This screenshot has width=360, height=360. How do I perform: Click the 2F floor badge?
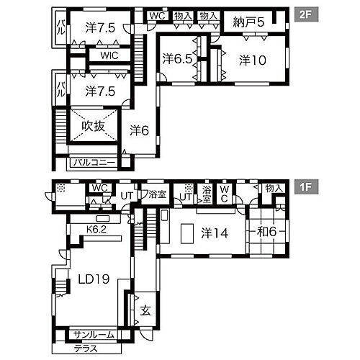306,14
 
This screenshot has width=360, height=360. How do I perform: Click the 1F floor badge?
306,186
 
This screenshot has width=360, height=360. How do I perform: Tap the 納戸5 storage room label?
248,22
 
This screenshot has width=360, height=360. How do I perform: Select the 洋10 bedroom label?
253,60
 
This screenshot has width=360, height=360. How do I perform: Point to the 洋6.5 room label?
178,58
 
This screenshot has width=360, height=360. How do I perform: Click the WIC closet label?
109,55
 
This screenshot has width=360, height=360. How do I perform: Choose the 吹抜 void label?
94,126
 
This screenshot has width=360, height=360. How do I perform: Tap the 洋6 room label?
140,130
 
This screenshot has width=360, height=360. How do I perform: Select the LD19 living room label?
94,279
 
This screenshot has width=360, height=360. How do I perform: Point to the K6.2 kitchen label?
96,230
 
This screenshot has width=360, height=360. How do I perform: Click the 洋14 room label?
215,233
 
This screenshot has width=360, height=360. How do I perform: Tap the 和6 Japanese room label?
267,232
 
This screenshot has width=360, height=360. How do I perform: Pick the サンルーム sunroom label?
94,335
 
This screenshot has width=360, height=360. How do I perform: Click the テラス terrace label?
86,348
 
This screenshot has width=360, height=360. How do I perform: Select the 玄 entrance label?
145,310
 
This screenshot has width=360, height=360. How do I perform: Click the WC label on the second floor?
158,16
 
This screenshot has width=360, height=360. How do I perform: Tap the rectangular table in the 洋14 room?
187,234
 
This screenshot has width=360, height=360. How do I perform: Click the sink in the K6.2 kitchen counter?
103,219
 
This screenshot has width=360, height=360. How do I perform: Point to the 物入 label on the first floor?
273,189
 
